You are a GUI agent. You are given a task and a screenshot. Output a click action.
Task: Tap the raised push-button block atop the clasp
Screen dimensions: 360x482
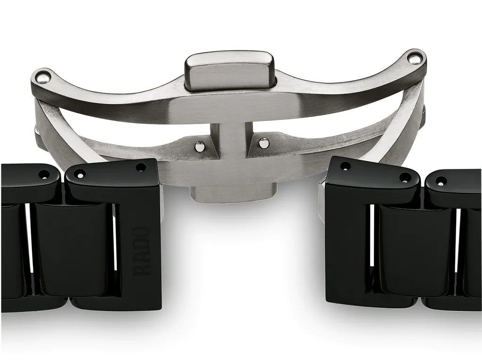point(229,70)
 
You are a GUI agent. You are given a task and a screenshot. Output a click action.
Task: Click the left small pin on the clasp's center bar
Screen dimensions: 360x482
point(200,146)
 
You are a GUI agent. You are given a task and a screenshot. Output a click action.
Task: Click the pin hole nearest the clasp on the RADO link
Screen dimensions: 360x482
point(141,167)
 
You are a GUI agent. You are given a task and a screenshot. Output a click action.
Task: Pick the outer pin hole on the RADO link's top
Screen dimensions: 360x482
point(80,173)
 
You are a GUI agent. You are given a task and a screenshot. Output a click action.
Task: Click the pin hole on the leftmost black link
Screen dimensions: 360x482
point(44,174)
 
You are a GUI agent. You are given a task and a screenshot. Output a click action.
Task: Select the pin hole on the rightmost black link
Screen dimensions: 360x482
point(441,180)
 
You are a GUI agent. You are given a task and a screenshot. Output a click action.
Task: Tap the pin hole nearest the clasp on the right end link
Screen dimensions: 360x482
point(345,166)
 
